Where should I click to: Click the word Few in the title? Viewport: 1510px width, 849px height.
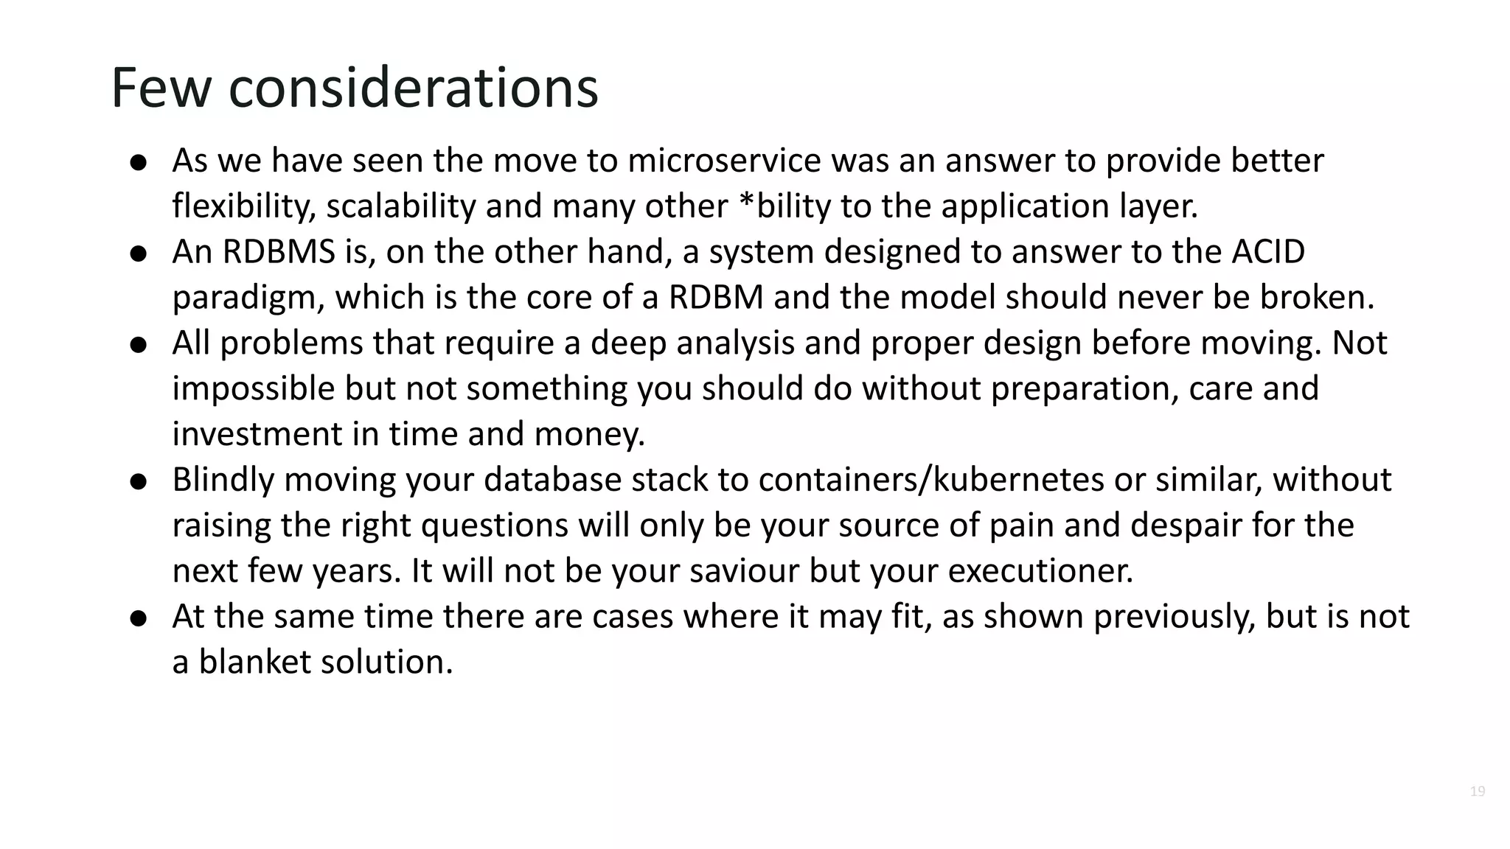click(x=161, y=88)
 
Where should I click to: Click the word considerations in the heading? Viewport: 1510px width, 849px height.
click(x=414, y=88)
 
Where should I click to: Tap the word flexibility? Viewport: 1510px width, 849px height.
click(x=244, y=206)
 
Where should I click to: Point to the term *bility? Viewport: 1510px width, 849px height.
click(x=784, y=206)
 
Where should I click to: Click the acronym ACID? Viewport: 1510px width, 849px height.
click(x=1268, y=252)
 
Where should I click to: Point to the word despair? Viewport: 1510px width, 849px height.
click(x=1186, y=525)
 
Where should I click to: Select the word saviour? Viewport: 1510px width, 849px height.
click(x=744, y=571)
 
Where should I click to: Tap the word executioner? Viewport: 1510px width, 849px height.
click(x=1040, y=571)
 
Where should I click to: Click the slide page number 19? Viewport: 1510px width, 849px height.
click(x=1477, y=792)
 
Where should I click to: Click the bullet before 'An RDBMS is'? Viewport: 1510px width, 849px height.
click(x=139, y=254)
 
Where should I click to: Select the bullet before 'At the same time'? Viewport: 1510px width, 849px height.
click(x=139, y=618)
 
